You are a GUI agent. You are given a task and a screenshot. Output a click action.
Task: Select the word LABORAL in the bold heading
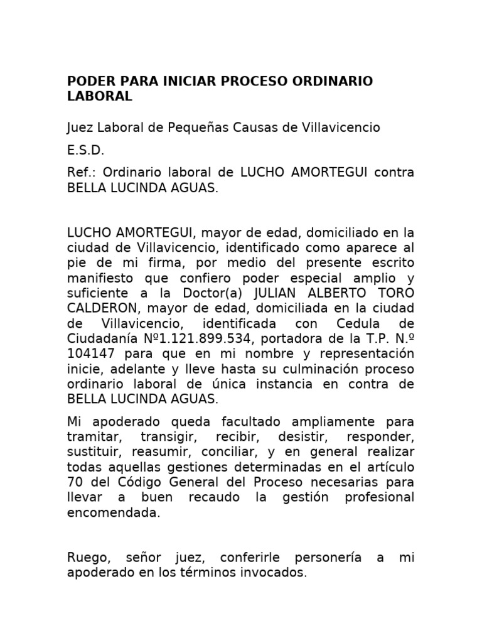pyautogui.click(x=100, y=97)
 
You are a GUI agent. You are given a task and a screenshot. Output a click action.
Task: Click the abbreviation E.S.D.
pyautogui.click(x=86, y=151)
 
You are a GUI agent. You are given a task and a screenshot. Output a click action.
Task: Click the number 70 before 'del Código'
pyautogui.click(x=75, y=482)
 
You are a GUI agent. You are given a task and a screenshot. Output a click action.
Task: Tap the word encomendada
pyautogui.click(x=114, y=512)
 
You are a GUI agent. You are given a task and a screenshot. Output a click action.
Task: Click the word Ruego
pyautogui.click(x=87, y=558)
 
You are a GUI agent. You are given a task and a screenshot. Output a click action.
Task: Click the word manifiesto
pyautogui.click(x=102, y=278)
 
